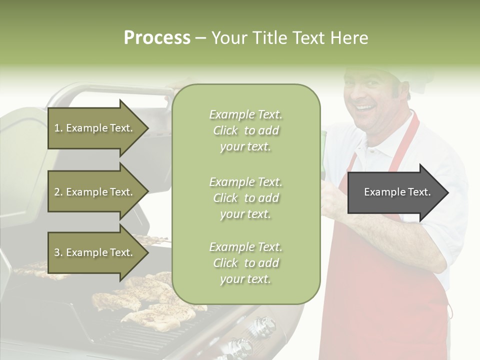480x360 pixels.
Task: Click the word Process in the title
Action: [157, 38]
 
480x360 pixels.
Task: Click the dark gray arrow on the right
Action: [397, 192]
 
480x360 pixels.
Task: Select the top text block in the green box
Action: [245, 130]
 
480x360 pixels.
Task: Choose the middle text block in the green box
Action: [245, 198]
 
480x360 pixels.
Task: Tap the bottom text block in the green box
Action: [245, 263]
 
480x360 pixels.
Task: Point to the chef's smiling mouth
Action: [366, 107]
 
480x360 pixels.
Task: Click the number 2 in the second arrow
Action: [57, 192]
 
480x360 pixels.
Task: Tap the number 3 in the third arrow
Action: [57, 252]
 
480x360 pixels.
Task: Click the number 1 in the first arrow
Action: [56, 128]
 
